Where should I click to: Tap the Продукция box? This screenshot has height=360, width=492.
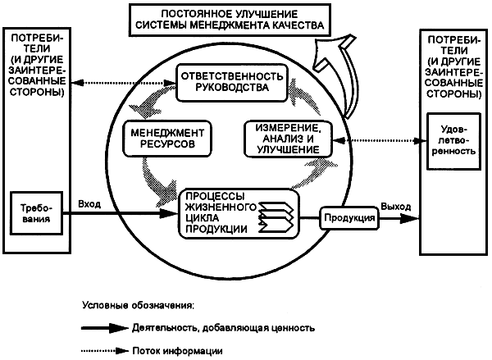tap(348, 218)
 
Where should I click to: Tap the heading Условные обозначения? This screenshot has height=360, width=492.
tap(138, 305)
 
